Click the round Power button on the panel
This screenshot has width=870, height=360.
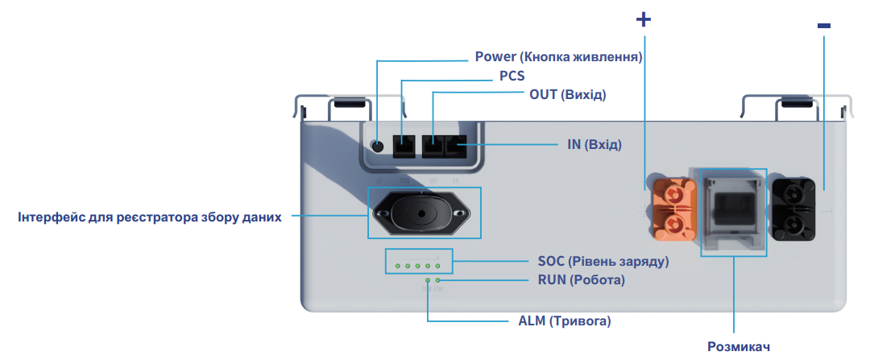(x=377, y=146)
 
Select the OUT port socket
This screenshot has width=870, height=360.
(x=433, y=147)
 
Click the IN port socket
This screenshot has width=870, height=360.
(x=456, y=147)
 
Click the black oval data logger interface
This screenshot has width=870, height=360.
(x=424, y=213)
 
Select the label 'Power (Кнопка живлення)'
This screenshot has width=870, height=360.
(x=558, y=57)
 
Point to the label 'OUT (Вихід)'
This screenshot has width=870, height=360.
(x=567, y=94)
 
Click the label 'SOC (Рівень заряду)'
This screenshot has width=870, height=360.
(x=603, y=262)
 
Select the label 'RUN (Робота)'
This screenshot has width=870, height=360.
(x=581, y=280)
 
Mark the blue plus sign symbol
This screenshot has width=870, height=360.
(x=643, y=20)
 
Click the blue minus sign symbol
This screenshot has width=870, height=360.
(x=823, y=26)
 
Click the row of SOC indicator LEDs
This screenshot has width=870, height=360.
(x=417, y=265)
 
